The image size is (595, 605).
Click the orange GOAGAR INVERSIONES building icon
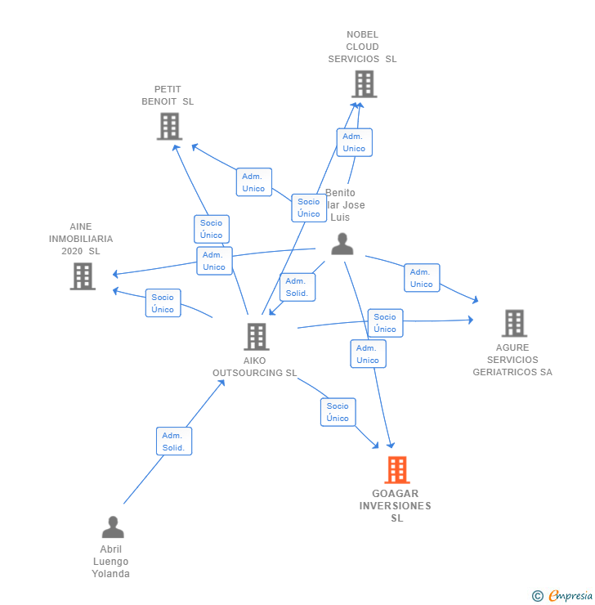tap(396, 470)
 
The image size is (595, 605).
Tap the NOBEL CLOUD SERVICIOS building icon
tap(364, 83)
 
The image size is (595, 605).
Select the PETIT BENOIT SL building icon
tap(169, 127)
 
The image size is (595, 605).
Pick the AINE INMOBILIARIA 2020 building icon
tap(83, 276)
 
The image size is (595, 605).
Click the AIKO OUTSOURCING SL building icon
tap(256, 336)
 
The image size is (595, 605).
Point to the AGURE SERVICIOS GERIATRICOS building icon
tap(513, 323)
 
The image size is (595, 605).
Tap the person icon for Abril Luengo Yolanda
tap(113, 527)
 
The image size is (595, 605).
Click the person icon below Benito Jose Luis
tap(342, 244)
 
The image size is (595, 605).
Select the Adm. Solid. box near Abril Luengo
tap(174, 441)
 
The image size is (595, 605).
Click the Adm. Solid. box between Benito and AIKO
tap(297, 287)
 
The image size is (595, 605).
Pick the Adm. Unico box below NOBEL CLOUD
tap(354, 142)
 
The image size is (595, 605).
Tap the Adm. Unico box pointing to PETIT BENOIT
tap(253, 182)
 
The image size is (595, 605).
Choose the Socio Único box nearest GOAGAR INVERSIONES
tap(338, 412)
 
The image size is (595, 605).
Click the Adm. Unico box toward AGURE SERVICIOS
tap(422, 278)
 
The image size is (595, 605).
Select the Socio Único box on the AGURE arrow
tap(385, 323)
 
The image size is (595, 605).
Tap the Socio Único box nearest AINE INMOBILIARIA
tap(163, 303)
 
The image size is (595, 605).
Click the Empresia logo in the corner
tap(561, 596)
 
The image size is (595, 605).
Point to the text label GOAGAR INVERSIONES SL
tap(395, 506)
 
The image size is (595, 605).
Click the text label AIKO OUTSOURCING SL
tap(254, 367)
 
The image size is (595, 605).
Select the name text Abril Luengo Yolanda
tap(110, 562)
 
